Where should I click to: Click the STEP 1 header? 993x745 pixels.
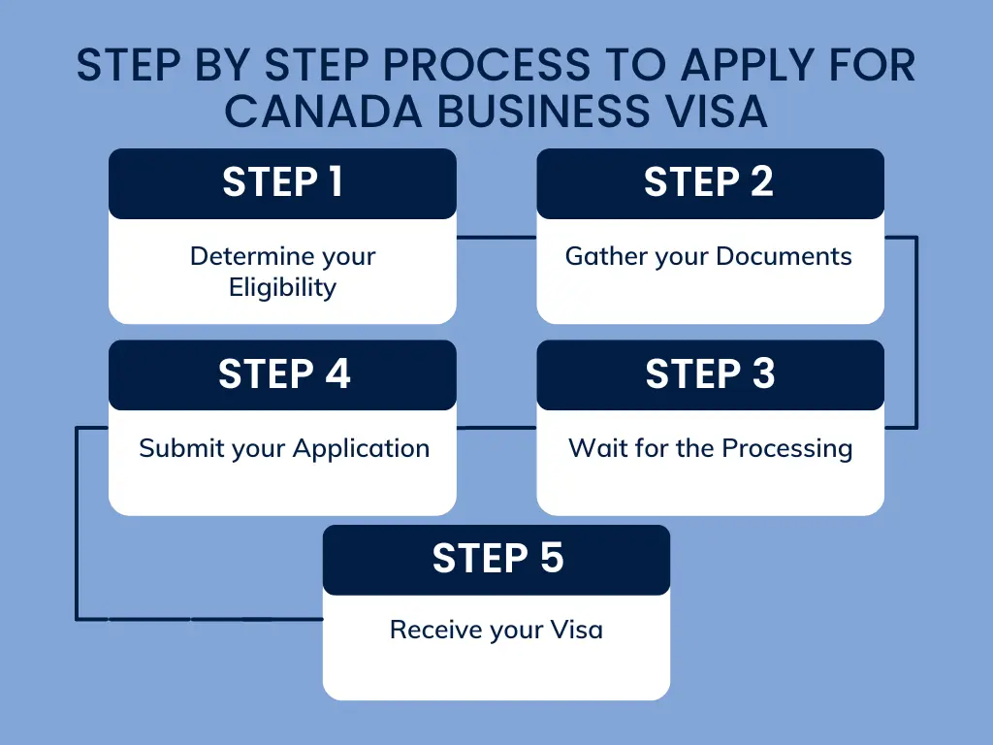click(x=282, y=182)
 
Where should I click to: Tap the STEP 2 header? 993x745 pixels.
click(x=709, y=182)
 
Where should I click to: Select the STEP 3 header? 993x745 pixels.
click(x=710, y=374)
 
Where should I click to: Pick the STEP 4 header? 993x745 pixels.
click(x=283, y=374)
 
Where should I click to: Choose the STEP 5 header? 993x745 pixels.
click(x=496, y=559)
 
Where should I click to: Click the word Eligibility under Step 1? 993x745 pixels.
click(x=282, y=287)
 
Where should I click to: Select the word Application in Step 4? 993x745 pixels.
click(x=361, y=448)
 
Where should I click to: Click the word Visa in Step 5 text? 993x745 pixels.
click(x=577, y=630)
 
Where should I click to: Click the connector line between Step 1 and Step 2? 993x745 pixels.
click(x=496, y=237)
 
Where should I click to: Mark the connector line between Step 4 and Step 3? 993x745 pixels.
click(x=496, y=427)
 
